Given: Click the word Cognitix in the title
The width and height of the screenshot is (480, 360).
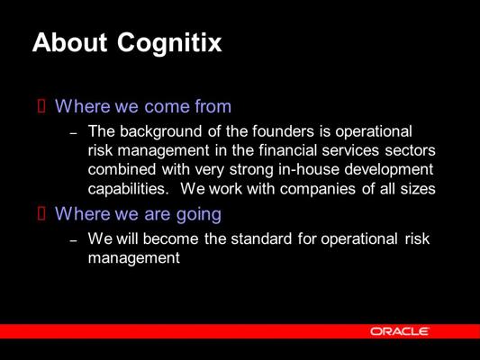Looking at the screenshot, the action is [x=169, y=44].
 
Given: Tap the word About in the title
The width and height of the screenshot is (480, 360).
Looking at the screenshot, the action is [x=70, y=42].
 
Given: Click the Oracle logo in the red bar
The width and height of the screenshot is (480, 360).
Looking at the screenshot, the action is [x=400, y=331].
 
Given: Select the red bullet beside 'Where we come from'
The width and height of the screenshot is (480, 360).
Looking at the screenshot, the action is [x=41, y=106].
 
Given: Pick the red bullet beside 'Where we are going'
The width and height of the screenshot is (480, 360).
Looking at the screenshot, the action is [x=41, y=213].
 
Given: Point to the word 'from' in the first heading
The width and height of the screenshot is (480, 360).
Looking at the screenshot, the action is [x=213, y=106].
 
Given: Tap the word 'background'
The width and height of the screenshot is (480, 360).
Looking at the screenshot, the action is [x=160, y=131].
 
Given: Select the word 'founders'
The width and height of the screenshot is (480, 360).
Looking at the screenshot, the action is [x=283, y=130].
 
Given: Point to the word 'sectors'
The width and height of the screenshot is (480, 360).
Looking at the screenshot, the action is [x=410, y=151].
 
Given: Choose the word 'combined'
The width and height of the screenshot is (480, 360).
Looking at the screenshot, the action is [x=122, y=169].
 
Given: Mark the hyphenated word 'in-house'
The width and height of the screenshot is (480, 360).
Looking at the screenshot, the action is [x=309, y=169].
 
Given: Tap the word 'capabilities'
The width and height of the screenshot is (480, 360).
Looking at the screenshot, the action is [x=128, y=189].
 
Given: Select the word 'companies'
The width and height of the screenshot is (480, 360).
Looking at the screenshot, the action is [x=318, y=189].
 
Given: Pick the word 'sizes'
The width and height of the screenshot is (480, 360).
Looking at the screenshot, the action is [x=418, y=189].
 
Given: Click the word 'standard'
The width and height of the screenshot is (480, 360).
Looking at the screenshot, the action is [x=261, y=238].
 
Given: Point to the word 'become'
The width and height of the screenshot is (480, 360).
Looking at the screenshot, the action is [x=170, y=238].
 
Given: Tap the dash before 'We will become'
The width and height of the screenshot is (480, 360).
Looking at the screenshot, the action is [x=73, y=240].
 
